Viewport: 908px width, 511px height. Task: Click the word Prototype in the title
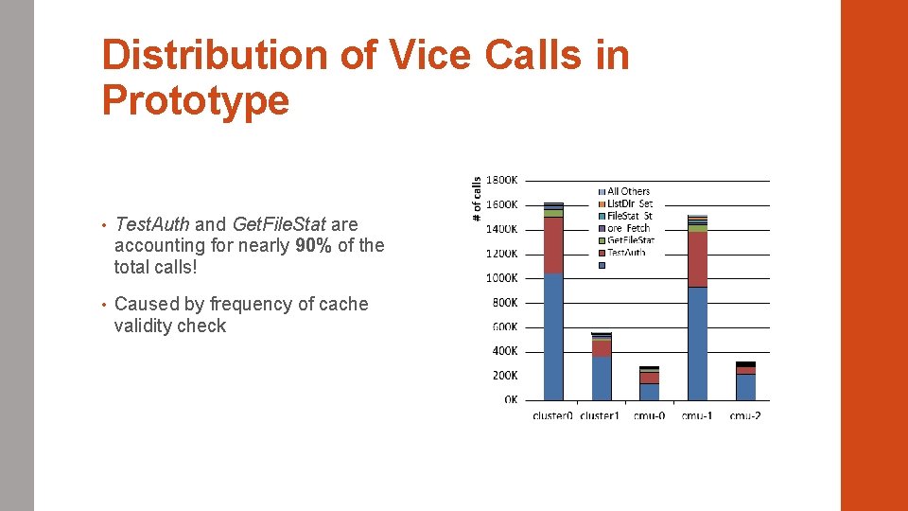(x=196, y=100)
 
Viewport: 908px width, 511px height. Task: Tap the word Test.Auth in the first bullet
(x=152, y=224)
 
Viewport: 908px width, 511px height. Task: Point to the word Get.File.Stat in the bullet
(x=279, y=224)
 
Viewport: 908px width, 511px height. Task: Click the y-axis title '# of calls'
(x=478, y=199)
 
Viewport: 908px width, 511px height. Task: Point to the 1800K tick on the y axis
(x=502, y=180)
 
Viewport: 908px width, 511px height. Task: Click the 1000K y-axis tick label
(x=502, y=278)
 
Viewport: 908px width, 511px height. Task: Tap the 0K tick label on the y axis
(x=511, y=399)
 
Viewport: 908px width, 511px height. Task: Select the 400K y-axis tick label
(x=504, y=351)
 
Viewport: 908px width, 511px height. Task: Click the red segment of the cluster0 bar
(x=553, y=246)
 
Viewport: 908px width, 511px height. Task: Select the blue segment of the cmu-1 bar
(x=697, y=343)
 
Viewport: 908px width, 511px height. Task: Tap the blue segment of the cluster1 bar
(x=602, y=378)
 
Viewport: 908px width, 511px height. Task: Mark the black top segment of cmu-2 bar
(x=745, y=364)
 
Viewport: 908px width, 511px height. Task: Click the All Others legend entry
(x=628, y=191)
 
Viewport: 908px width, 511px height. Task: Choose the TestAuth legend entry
(x=626, y=253)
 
